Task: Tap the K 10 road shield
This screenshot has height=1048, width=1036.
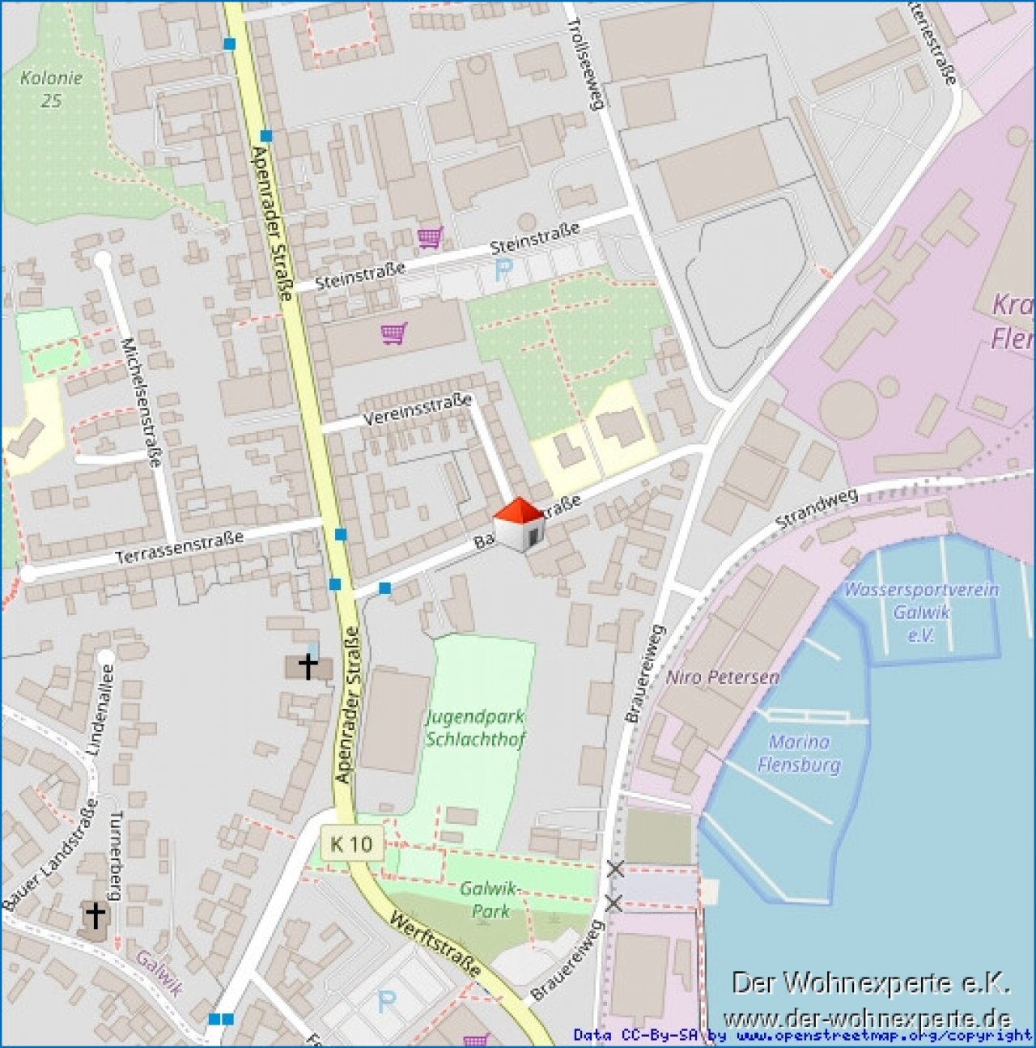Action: (351, 844)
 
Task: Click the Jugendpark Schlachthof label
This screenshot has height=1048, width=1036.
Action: (475, 728)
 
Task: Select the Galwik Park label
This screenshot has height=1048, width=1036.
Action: (488, 899)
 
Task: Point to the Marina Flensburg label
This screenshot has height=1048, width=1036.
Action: (799, 753)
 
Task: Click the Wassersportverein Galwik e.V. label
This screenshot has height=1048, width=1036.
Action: (921, 612)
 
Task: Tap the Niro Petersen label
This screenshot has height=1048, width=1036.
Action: (722, 677)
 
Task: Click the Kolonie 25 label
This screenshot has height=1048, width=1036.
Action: (51, 89)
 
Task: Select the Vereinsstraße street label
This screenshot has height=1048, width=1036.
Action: (417, 409)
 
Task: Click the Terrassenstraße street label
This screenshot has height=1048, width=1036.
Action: (179, 548)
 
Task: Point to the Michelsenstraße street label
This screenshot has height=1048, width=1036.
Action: (141, 401)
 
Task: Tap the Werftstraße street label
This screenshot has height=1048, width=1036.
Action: (436, 944)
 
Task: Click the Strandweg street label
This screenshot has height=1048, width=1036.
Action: (816, 510)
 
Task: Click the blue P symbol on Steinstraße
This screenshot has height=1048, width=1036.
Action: (504, 270)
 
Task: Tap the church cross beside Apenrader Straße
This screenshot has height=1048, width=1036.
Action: (308, 665)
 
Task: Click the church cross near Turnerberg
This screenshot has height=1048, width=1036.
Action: (96, 915)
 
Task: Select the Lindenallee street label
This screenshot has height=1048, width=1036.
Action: (100, 710)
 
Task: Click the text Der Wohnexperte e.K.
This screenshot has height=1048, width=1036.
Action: (871, 983)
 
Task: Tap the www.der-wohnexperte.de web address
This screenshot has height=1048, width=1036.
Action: (867, 1018)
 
